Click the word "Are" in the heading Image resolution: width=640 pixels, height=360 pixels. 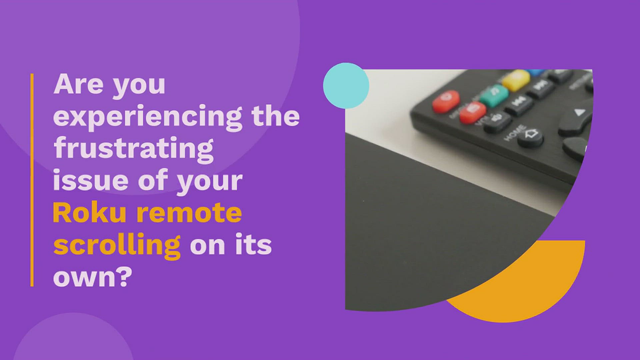tap(79, 84)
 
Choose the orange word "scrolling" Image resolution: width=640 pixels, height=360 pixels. tap(117, 246)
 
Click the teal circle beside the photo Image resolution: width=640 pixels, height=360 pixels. tap(346, 86)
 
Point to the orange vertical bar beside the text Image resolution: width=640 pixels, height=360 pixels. tap(32, 180)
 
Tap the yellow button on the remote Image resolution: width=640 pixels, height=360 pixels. tap(516, 80)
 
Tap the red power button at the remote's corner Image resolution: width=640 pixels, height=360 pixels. tap(446, 101)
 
